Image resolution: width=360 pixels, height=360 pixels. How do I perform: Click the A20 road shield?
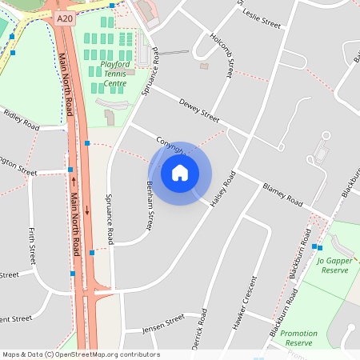[x=66, y=16]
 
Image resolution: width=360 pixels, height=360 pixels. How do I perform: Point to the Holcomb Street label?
[x=221, y=54]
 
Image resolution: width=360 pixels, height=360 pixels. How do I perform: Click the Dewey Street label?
[x=199, y=111]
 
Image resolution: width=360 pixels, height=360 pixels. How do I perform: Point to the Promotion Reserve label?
[x=301, y=338]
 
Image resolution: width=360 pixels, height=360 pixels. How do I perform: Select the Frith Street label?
[x=33, y=245]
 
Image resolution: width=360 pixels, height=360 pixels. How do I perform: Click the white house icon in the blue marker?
[x=180, y=173]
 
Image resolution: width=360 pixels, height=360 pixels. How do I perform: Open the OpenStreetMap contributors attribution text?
[x=81, y=354]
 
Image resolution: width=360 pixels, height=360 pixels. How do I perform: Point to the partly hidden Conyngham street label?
[x=170, y=144]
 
